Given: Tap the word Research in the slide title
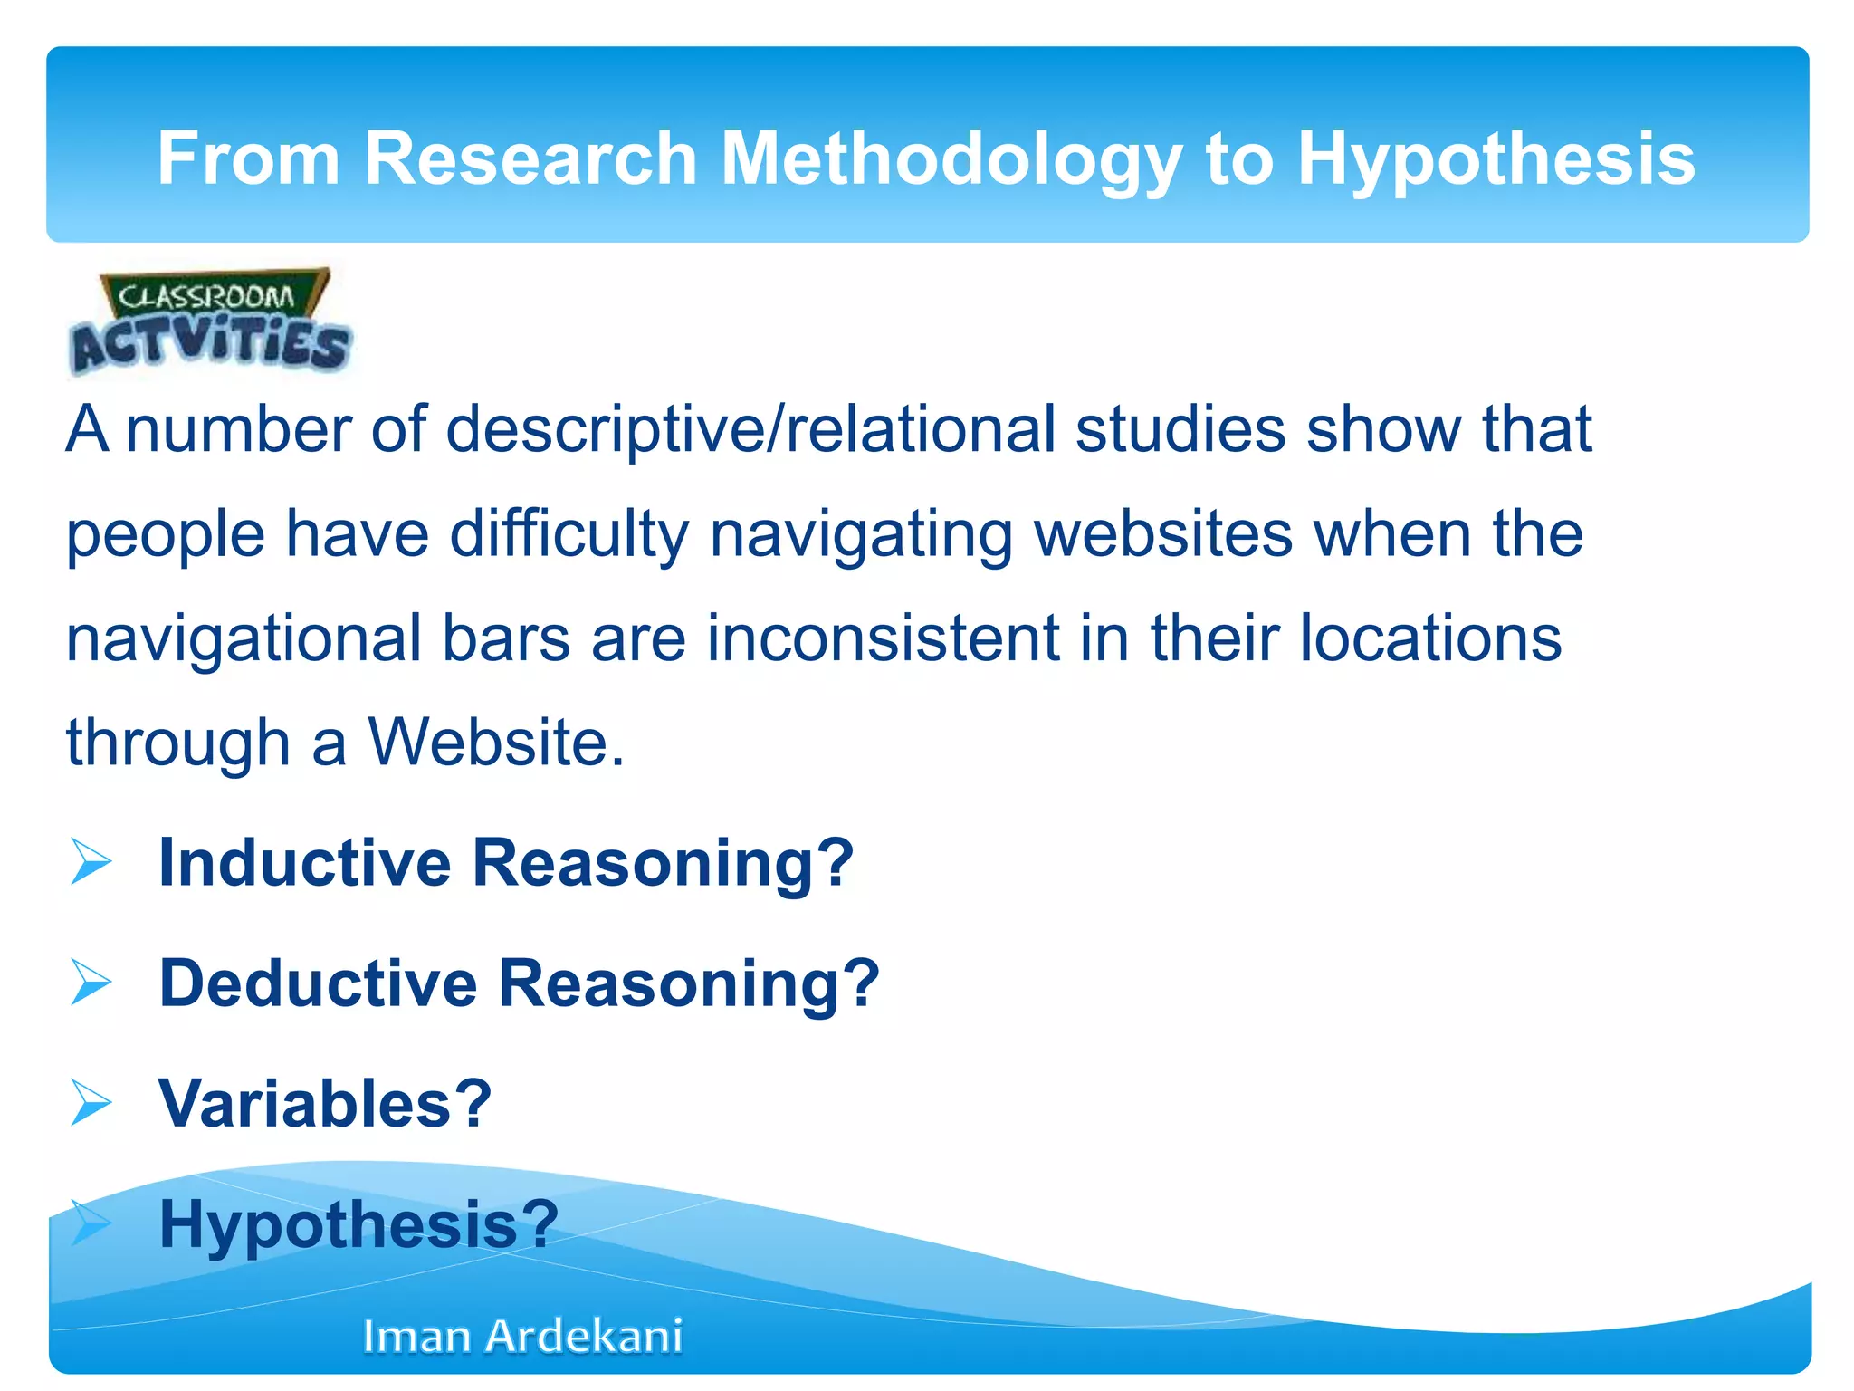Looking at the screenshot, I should tap(530, 159).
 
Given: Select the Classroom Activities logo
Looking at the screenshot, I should tap(210, 322).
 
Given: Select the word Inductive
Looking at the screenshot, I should tap(304, 862).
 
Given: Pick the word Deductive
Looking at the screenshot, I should tap(318, 983).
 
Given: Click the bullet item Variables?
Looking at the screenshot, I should tap(325, 1104).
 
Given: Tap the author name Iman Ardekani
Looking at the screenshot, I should tap(522, 1336).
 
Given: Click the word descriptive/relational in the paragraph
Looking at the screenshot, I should tap(750, 429).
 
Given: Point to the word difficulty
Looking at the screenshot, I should tap(569, 534).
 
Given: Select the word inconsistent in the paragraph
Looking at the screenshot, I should tap(883, 638).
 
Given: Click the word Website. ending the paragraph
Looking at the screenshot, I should tap(496, 743).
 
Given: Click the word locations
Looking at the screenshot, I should tap(1430, 638).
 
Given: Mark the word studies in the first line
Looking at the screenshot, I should tap(1180, 429).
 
